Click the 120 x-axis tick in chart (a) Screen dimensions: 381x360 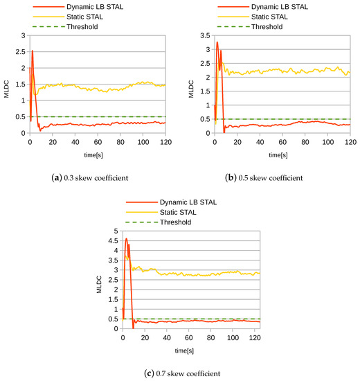(165, 141)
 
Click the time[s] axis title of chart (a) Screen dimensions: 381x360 (96, 153)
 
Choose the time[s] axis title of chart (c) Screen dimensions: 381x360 (183, 348)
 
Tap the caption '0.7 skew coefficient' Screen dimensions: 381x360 (179, 373)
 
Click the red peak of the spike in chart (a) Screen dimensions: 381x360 (32, 50)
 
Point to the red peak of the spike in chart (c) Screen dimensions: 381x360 (126, 239)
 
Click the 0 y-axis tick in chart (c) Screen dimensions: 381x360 (116, 328)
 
